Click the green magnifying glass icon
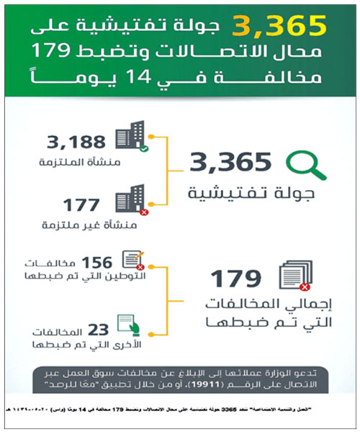305,163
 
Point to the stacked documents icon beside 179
293,279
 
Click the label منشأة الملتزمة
76,163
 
